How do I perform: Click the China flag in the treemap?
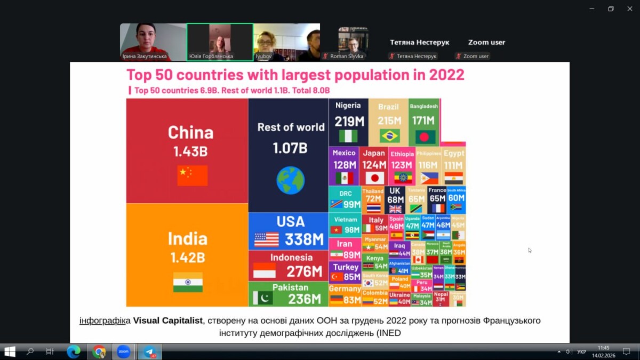click(x=193, y=175)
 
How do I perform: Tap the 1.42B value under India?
click(x=188, y=258)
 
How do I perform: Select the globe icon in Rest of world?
click(x=291, y=180)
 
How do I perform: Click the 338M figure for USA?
click(x=303, y=239)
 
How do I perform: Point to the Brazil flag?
click(x=390, y=136)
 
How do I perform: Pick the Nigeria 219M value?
click(x=349, y=122)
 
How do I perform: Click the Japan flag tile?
click(x=375, y=178)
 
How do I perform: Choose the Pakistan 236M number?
click(x=305, y=299)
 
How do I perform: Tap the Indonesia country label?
click(x=291, y=258)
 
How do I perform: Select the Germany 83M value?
click(x=352, y=300)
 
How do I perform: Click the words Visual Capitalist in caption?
click(x=168, y=321)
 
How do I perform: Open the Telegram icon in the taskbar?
click(x=149, y=352)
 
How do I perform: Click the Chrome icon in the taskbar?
click(x=99, y=352)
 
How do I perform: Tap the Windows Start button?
click(x=10, y=352)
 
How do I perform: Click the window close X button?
click(x=630, y=9)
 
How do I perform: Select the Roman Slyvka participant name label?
click(x=347, y=56)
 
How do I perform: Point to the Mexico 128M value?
click(x=345, y=165)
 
